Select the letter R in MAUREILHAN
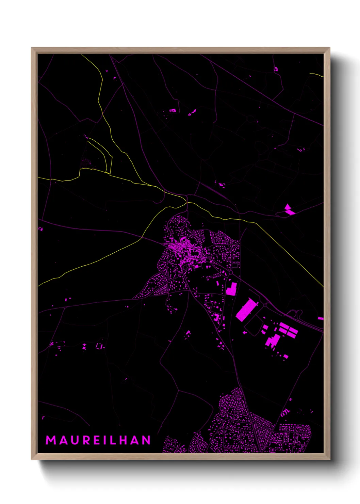click(x=86, y=440)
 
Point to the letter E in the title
click(x=97, y=440)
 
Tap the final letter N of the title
click(x=147, y=440)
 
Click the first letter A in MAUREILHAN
click(x=63, y=440)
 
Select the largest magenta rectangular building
click(x=245, y=310)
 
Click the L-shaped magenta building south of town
click(x=231, y=288)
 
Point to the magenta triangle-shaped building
click(x=288, y=206)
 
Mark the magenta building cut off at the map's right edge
click(x=321, y=318)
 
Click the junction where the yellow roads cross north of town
click(x=186, y=203)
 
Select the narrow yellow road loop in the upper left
click(x=102, y=155)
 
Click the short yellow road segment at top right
click(x=316, y=75)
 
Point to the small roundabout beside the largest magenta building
click(x=265, y=304)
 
